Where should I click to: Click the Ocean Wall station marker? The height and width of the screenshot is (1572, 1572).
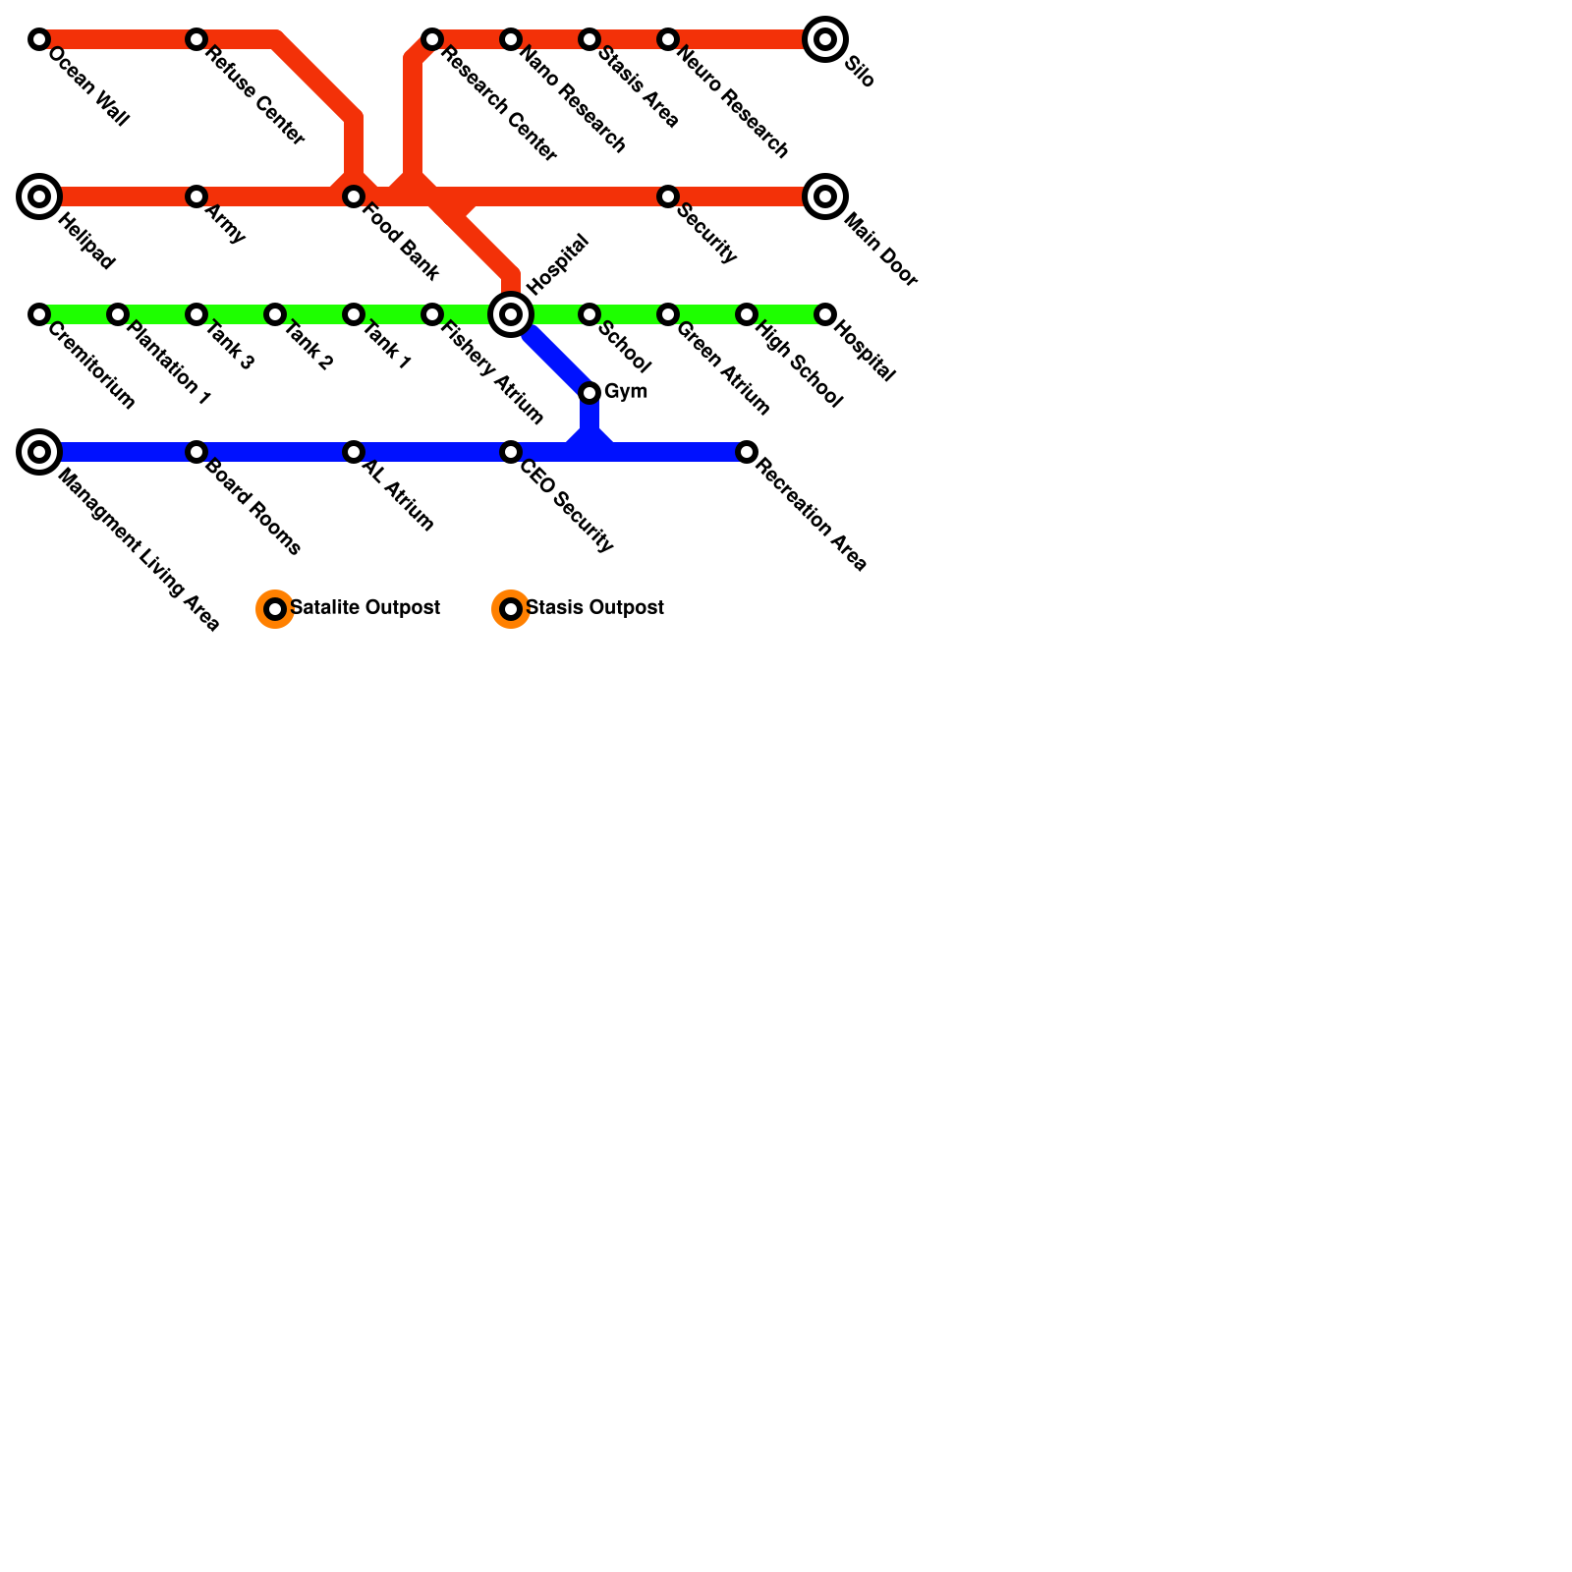[x=39, y=39]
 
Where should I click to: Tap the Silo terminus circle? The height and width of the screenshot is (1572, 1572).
[x=825, y=39]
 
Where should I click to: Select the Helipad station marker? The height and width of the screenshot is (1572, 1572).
[x=39, y=196]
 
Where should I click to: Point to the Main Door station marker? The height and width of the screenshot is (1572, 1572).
[x=825, y=196]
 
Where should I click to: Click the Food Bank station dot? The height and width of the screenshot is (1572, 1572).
[x=354, y=196]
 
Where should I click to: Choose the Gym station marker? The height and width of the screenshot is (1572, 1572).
[x=589, y=393]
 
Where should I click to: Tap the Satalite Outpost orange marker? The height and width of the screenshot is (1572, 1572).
[x=275, y=609]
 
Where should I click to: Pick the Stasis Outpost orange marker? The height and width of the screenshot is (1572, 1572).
[x=511, y=609]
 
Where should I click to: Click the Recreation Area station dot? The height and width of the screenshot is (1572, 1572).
[x=747, y=452]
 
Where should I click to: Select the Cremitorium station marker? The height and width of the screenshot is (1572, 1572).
[x=39, y=314]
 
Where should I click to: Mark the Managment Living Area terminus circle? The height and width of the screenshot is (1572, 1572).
[x=39, y=452]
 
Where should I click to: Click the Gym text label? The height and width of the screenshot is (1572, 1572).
[x=626, y=392]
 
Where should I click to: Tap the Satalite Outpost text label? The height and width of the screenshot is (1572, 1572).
[x=365, y=608]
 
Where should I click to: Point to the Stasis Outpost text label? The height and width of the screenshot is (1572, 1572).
[x=595, y=608]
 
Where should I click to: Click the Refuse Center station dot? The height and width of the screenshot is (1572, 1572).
[x=196, y=39]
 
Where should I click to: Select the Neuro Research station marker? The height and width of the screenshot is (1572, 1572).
[x=668, y=39]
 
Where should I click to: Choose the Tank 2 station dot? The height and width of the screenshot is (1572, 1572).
[x=275, y=314]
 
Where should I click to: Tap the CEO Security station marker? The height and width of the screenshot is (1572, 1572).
[x=511, y=452]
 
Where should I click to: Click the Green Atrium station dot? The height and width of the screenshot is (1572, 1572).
[x=668, y=314]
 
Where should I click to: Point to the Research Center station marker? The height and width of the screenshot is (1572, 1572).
[x=432, y=39]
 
